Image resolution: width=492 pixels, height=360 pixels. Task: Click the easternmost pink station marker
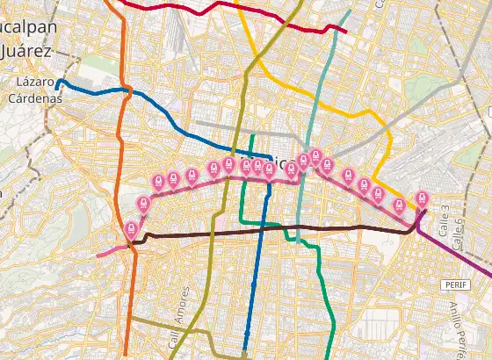click(422, 198)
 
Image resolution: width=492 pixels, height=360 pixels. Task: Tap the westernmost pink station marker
click(132, 229)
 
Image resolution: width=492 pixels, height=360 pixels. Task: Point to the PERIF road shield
click(453, 285)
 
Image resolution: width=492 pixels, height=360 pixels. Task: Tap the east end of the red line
click(346, 32)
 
